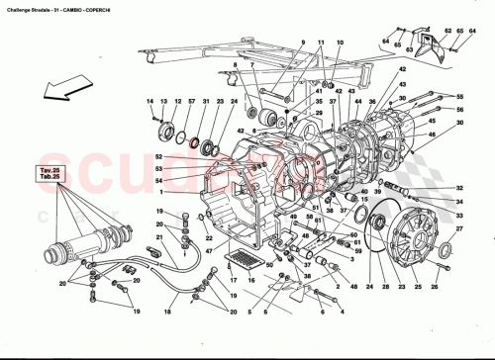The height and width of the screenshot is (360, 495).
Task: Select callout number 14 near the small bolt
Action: pos(151,103)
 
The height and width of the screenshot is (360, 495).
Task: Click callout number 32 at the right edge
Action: pos(459,188)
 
